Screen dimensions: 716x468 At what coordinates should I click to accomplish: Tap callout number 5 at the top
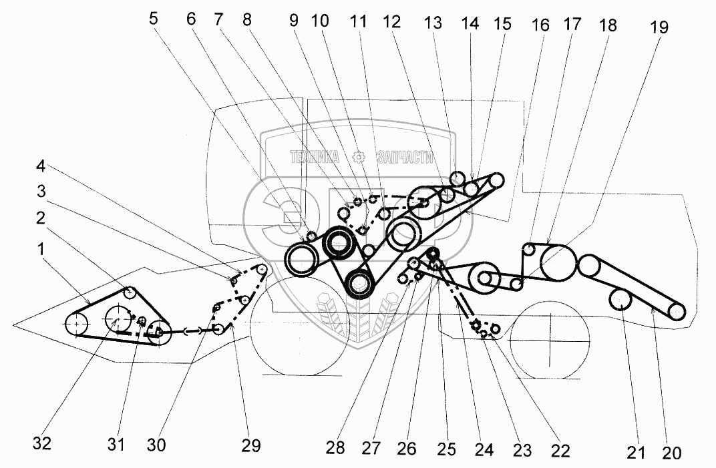[x=154, y=19]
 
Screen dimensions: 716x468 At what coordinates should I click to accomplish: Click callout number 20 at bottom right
[x=672, y=454]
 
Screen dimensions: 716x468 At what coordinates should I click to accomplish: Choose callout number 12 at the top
[x=391, y=22]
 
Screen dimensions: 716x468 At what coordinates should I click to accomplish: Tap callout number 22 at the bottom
[x=561, y=451]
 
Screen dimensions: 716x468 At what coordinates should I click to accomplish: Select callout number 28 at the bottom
[x=335, y=448]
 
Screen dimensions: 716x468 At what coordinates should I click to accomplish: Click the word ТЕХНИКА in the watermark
[x=314, y=158]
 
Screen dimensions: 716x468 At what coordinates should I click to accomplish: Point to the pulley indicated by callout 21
[x=621, y=301]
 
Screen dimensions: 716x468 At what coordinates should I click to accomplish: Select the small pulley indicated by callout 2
[x=130, y=292]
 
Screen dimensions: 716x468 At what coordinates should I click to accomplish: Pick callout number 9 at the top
[x=295, y=22]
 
